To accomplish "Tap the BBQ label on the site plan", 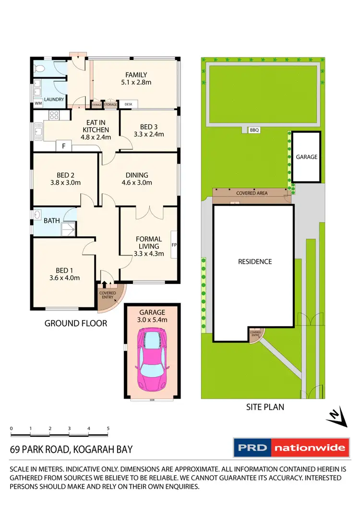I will pos(254,130).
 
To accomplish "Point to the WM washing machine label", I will pos(38,103).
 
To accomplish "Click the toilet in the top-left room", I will pos(38,68).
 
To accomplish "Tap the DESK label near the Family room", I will pos(128,104).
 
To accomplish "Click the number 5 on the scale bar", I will pos(108,428).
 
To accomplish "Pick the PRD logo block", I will pos(252,448).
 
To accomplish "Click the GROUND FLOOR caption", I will pos(76,323).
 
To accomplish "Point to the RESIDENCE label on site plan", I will pos(255,261).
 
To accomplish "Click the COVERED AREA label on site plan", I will pos(252,193).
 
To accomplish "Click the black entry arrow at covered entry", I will pos(105,286).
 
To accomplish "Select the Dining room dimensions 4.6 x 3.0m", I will pos(136,183).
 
